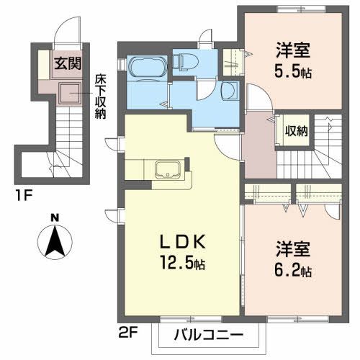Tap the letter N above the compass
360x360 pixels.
click(x=55, y=217)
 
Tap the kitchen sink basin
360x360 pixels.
click(x=167, y=171)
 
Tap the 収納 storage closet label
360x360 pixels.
click(x=296, y=130)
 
